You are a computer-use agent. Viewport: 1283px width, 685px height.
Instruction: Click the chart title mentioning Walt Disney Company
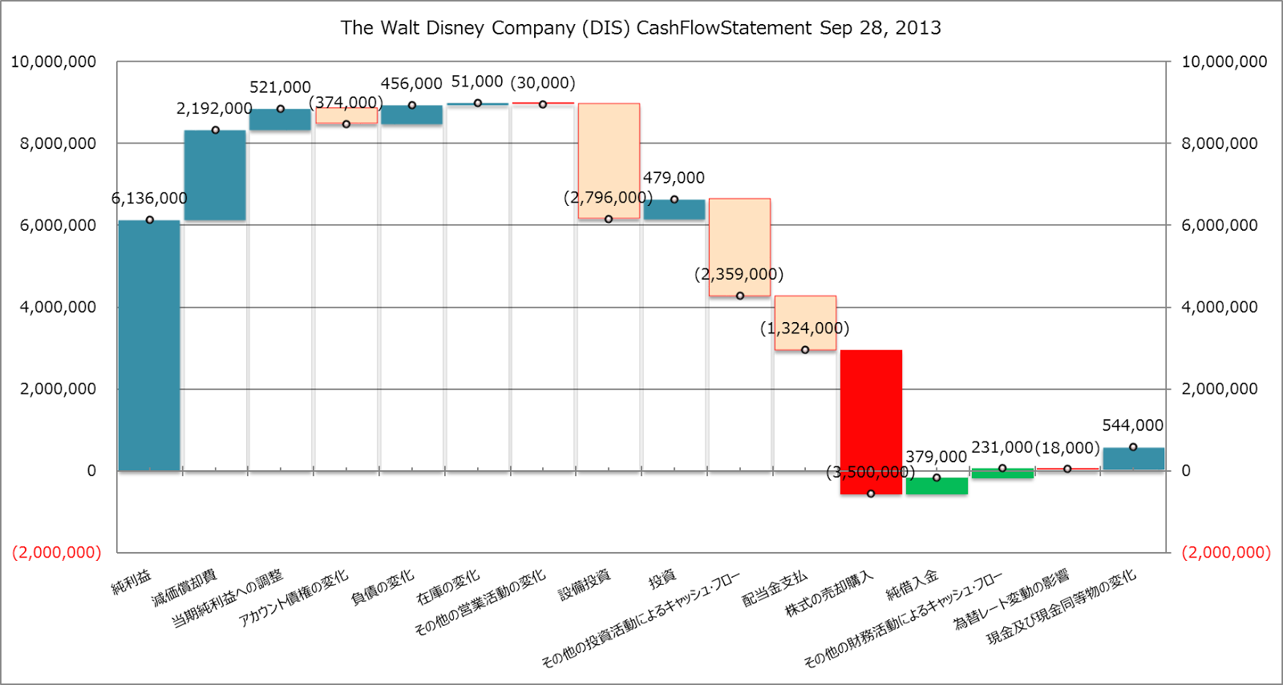coord(641,28)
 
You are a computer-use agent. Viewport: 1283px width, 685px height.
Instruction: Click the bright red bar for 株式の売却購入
coord(871,421)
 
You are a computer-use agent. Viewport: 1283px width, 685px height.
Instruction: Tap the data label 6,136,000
coord(149,198)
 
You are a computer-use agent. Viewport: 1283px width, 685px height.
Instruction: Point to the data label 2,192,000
coord(214,108)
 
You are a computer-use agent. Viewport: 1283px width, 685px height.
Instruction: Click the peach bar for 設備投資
coord(609,160)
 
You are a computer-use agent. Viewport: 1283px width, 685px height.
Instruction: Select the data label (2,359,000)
coord(739,274)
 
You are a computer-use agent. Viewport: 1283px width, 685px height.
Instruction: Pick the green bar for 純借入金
coord(937,486)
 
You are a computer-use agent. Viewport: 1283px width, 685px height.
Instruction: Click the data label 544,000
coord(1132,425)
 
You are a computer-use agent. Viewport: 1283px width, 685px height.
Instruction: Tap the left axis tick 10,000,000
coord(54,62)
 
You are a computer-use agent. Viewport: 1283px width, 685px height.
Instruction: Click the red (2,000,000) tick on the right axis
coord(1226,552)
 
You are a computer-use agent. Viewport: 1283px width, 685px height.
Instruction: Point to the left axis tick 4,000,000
coord(58,307)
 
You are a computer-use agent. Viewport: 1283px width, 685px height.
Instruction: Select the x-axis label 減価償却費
coord(185,588)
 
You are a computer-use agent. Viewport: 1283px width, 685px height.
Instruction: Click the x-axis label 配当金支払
coord(775,589)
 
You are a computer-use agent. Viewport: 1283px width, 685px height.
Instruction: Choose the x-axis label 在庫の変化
coord(448,587)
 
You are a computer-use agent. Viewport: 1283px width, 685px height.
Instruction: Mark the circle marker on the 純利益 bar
coord(150,220)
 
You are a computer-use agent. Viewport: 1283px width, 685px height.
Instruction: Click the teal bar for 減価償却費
coord(215,175)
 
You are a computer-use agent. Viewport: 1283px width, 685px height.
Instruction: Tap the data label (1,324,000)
coord(804,328)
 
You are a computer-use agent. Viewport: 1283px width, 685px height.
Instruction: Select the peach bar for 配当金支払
coord(805,322)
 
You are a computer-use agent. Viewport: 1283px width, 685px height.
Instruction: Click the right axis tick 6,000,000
coord(1220,225)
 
